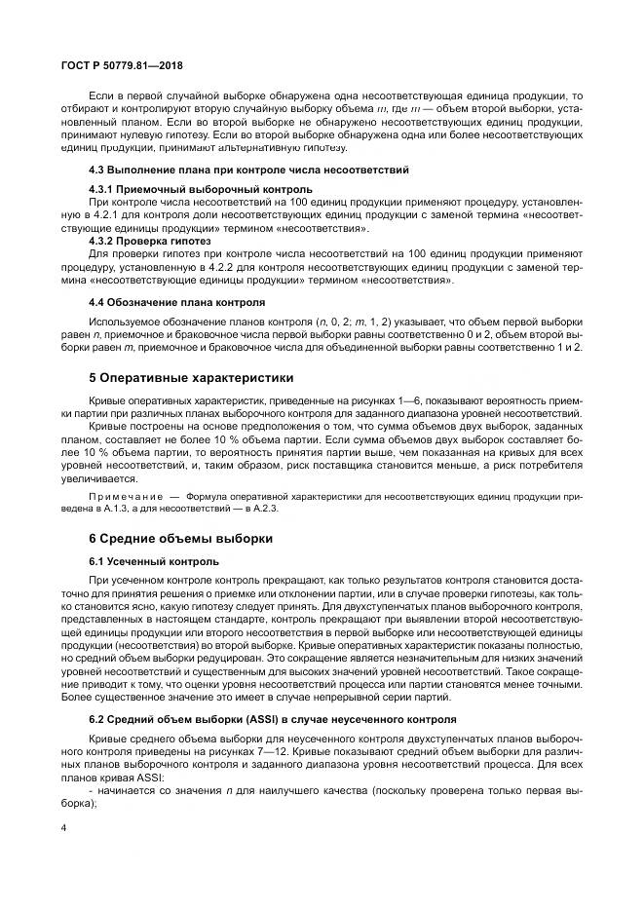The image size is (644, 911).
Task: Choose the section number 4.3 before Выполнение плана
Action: tap(97, 169)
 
